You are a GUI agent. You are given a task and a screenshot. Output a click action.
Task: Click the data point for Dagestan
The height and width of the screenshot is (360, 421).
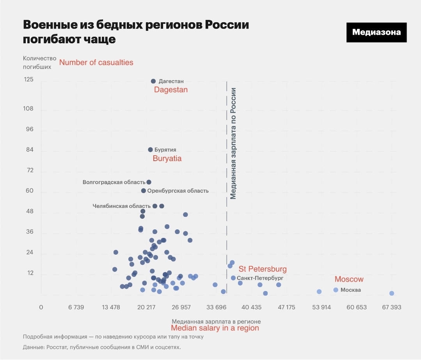click(153, 81)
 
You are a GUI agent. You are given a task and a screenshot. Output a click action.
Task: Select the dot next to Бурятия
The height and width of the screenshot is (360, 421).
click(150, 149)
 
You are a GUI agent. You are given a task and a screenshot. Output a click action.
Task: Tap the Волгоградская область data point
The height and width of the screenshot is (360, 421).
click(149, 182)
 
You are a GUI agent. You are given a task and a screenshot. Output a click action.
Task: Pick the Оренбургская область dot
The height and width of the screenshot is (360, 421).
click(144, 191)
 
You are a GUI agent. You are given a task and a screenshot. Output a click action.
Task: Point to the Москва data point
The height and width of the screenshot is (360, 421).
click(336, 290)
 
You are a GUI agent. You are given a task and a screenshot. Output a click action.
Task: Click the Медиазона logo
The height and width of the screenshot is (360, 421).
click(376, 32)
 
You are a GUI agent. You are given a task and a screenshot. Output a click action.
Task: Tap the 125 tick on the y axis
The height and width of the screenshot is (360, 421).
click(29, 80)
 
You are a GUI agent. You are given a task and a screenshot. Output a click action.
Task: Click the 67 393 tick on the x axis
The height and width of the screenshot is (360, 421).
click(391, 307)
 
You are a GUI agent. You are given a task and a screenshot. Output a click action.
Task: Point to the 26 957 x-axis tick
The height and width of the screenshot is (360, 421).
click(181, 307)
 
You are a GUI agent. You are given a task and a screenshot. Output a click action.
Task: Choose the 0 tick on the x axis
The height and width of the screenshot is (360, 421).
click(41, 307)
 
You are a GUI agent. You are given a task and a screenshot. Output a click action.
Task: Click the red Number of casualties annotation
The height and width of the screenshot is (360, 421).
click(96, 62)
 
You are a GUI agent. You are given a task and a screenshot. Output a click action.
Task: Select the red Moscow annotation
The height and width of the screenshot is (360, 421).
click(349, 279)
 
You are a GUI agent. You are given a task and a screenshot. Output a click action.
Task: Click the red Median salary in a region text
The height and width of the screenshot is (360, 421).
click(215, 328)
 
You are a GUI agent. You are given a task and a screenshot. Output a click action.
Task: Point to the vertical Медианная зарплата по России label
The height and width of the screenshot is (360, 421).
click(233, 144)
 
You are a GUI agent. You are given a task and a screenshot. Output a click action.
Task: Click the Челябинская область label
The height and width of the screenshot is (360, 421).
click(121, 206)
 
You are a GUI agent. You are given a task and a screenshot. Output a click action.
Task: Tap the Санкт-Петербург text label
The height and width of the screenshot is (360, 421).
click(260, 278)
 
